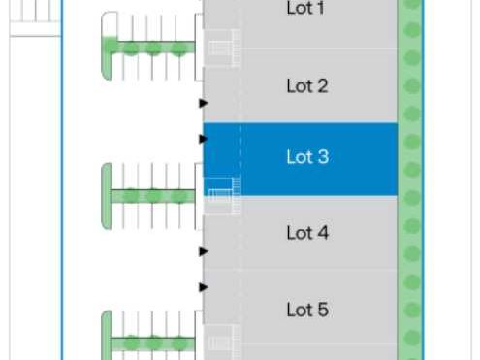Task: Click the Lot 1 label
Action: (306, 9)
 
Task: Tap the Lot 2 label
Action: (306, 86)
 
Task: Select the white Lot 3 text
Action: (306, 157)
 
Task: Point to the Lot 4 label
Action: (306, 233)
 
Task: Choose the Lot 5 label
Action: (306, 310)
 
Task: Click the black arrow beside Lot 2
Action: (204, 102)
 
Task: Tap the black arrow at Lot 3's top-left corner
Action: (204, 139)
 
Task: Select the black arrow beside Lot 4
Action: (204, 252)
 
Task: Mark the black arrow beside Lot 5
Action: (204, 287)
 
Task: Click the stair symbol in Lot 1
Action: (223, 49)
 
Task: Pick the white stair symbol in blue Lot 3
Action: (223, 195)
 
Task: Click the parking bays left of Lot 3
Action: (153, 196)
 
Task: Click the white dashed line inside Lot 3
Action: (240, 155)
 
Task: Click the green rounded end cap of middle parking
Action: (107, 196)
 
